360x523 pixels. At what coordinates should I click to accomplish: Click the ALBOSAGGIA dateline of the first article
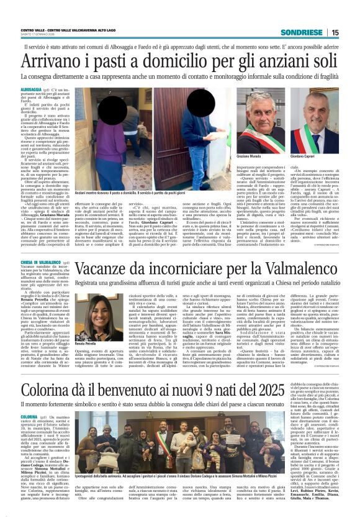[31, 90]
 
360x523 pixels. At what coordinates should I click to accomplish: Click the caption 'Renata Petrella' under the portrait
[84, 342]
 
